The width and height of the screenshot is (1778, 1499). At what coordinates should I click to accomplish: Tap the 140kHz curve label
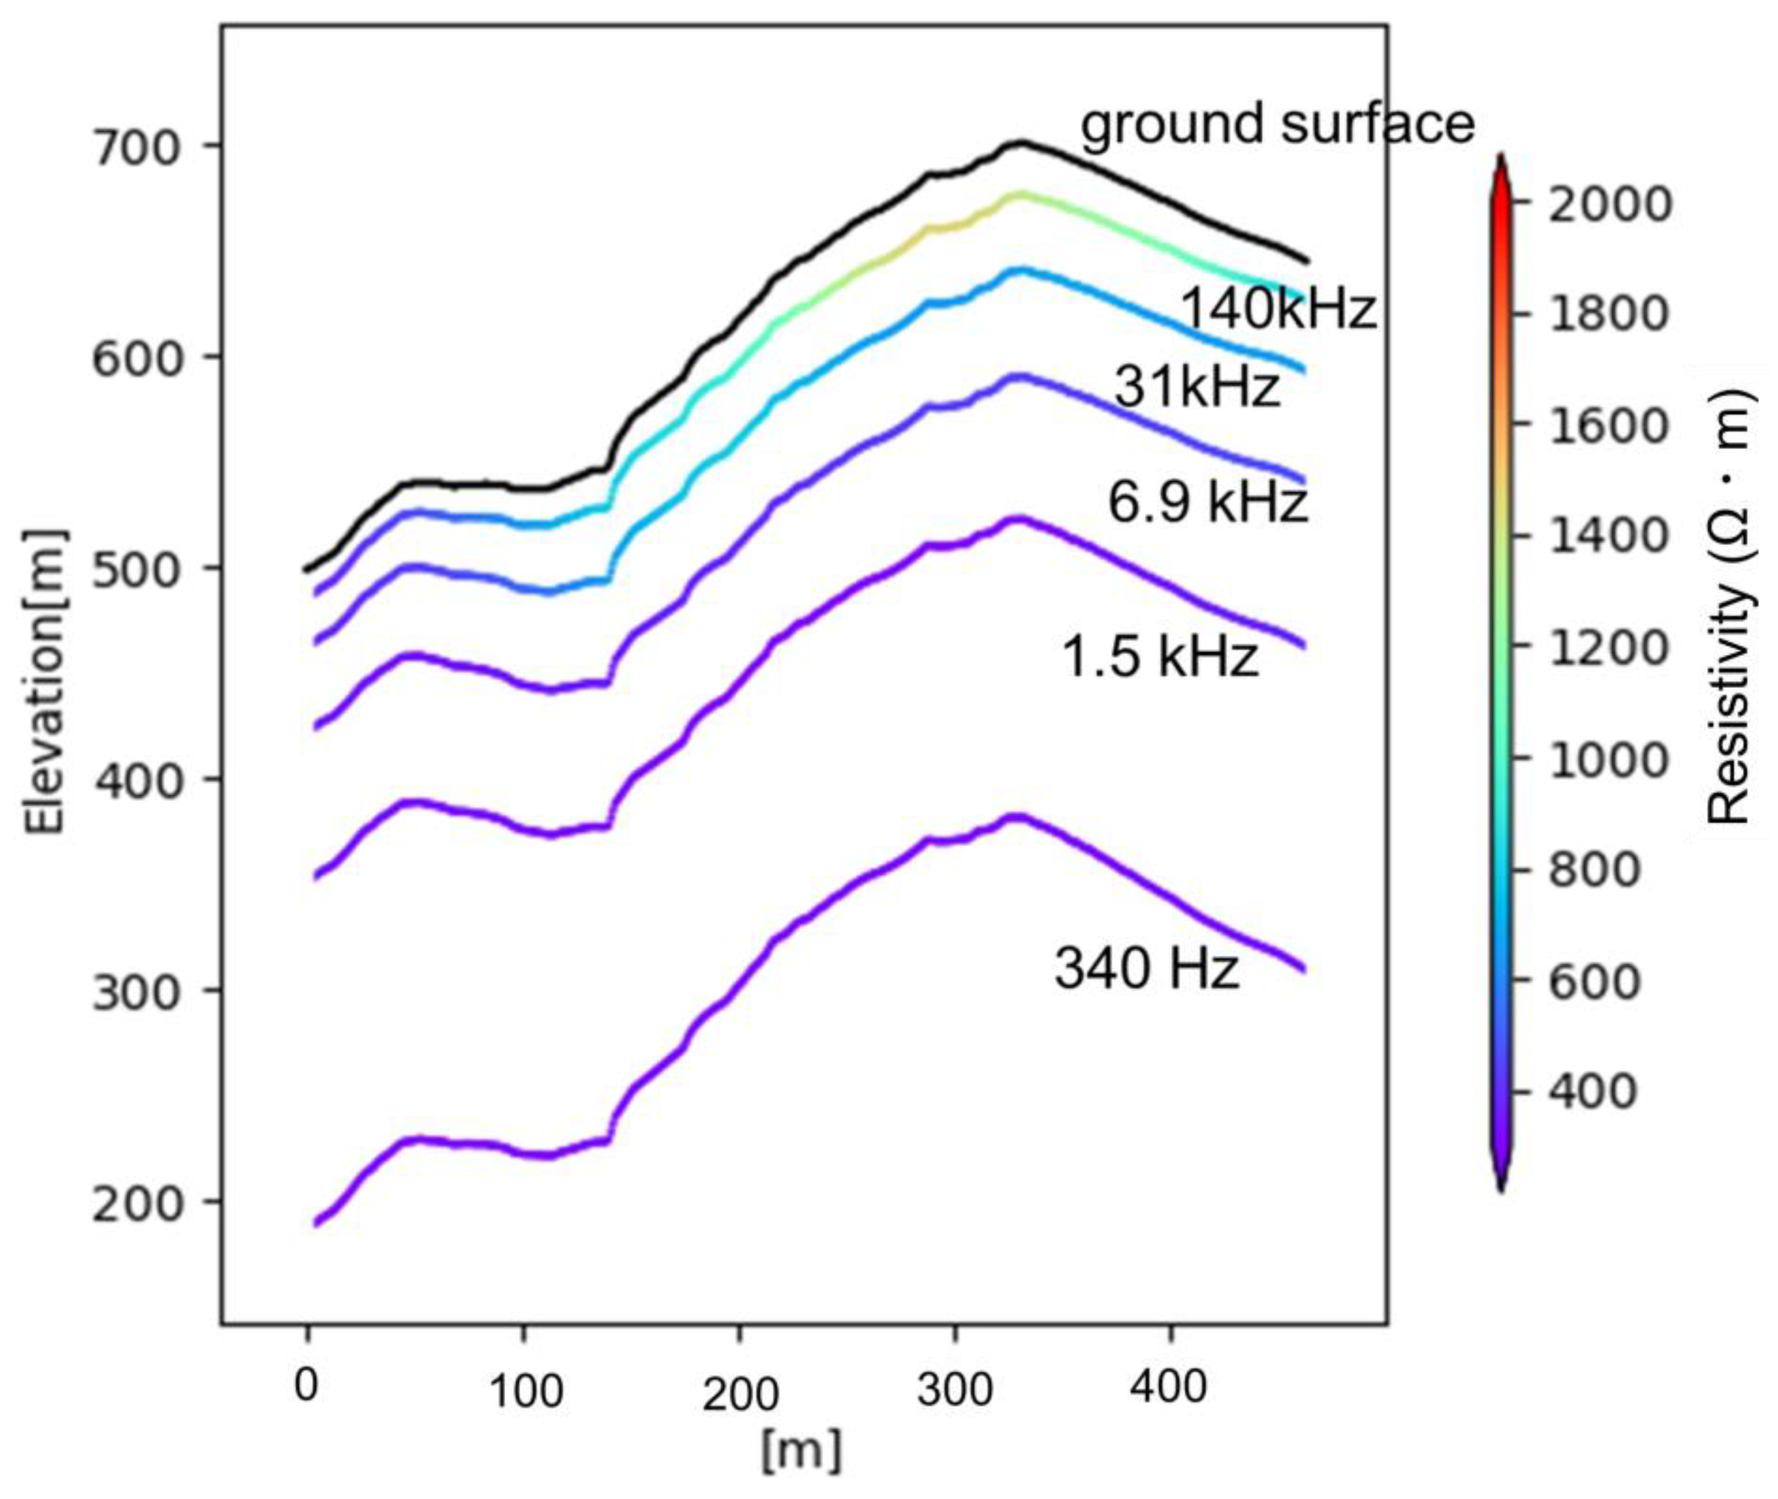pyautogui.click(x=1277, y=308)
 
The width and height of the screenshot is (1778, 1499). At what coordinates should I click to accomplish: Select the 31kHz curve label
pyautogui.click(x=1196, y=387)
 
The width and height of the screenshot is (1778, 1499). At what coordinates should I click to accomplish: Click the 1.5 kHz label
pyautogui.click(x=1160, y=657)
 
